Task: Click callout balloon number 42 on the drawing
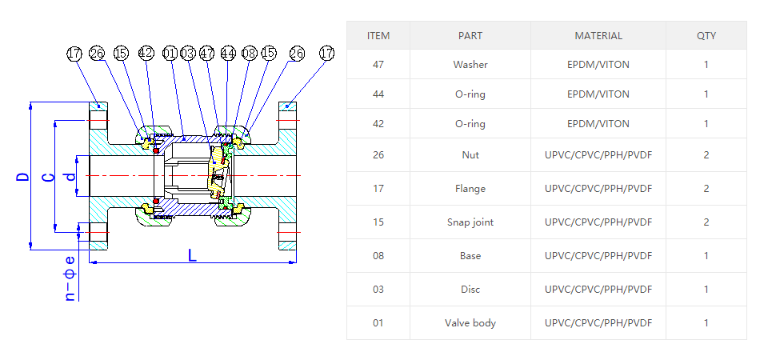pyautogui.click(x=146, y=54)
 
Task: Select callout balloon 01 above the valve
pyautogui.click(x=169, y=54)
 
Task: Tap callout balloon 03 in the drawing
pyautogui.click(x=188, y=54)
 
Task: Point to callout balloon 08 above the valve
pyautogui.click(x=249, y=54)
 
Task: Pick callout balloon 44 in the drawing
pyautogui.click(x=229, y=54)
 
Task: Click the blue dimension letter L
pyautogui.click(x=192, y=255)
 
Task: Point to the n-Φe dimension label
pyautogui.click(x=70, y=278)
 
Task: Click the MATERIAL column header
pyautogui.click(x=598, y=36)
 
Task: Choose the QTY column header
pyautogui.click(x=706, y=36)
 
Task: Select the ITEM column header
pyautogui.click(x=378, y=36)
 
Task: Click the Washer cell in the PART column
pyautogui.click(x=470, y=65)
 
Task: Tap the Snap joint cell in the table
pyautogui.click(x=470, y=222)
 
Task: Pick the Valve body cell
pyautogui.click(x=470, y=323)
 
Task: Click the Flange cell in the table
pyautogui.click(x=470, y=189)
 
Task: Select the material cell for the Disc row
pyautogui.click(x=598, y=290)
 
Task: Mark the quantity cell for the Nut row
pyautogui.click(x=706, y=155)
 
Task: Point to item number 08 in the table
pyautogui.click(x=378, y=256)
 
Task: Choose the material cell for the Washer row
pyautogui.click(x=598, y=65)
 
